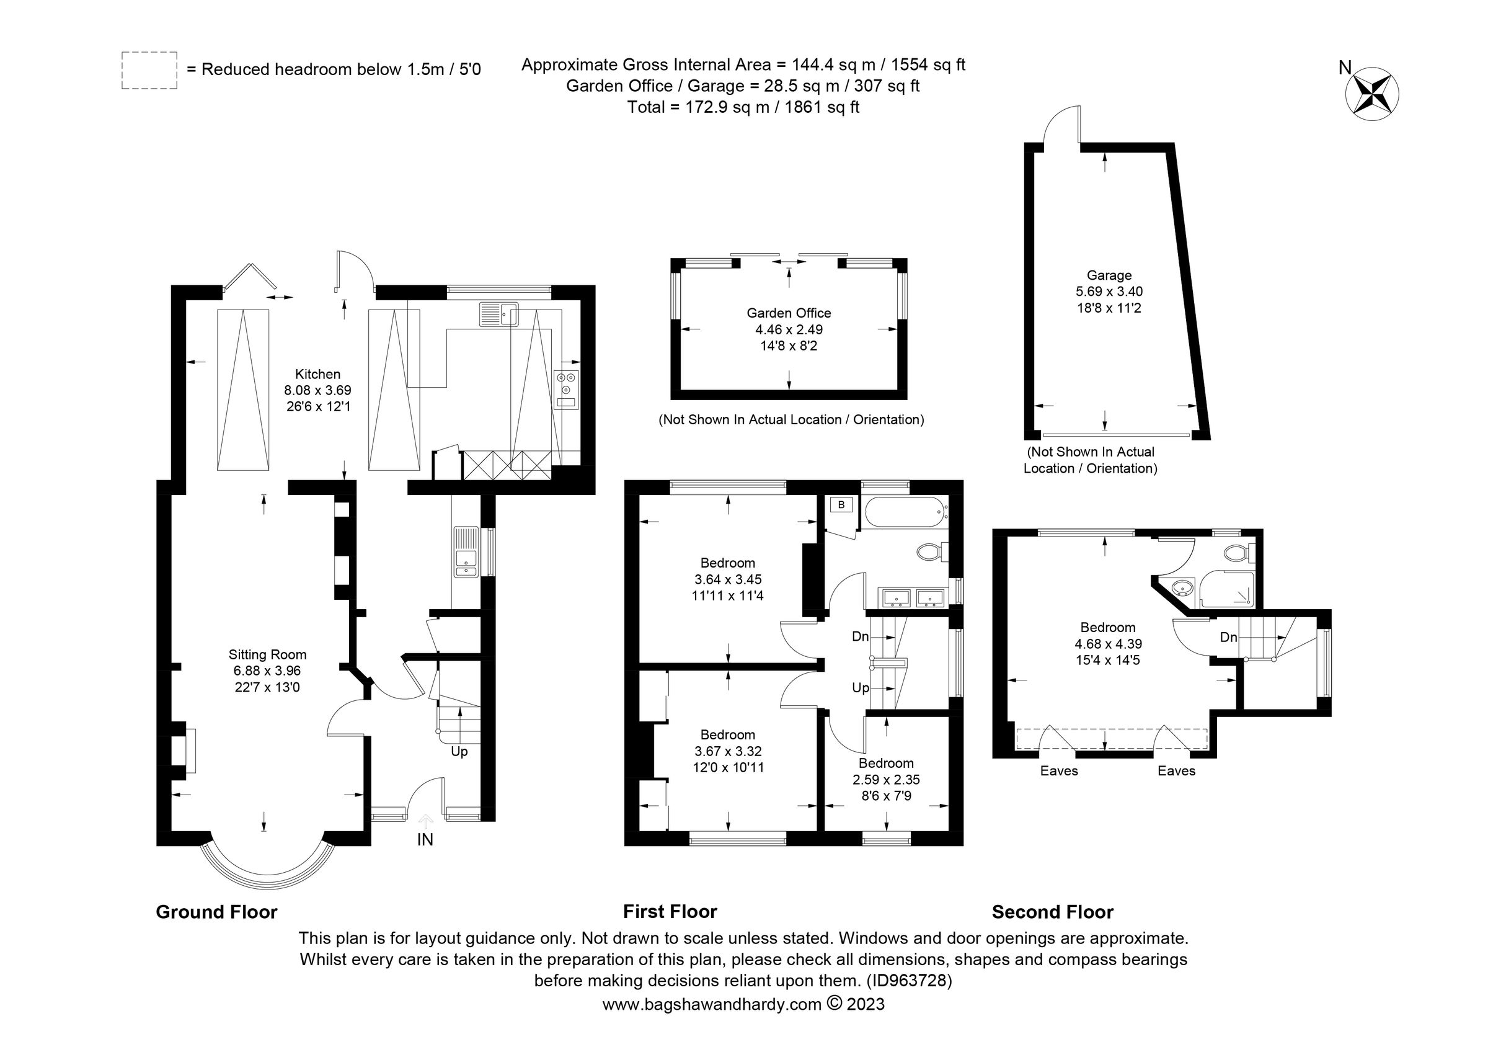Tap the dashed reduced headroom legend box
coord(149,70)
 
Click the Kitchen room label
coord(317,374)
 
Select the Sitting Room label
coord(267,654)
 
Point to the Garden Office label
coord(789,313)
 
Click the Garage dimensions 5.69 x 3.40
coord(1109,292)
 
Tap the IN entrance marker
coord(425,839)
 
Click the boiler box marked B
coord(841,505)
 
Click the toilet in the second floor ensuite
coord(1239,553)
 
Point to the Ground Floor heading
coord(216,912)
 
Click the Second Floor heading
coord(1053,912)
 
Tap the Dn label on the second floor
coord(1228,637)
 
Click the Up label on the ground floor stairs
coord(459,751)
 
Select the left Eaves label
coord(1059,770)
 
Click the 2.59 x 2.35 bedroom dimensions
coord(886,779)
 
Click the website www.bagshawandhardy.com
coord(712,1004)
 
